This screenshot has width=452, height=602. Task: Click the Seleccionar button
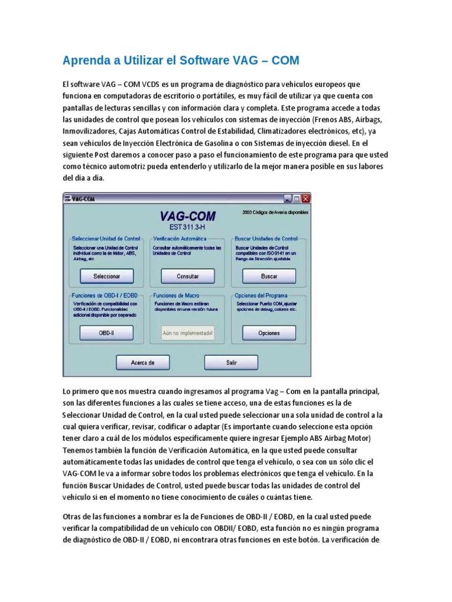[107, 276]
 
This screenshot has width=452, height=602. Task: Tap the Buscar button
[269, 276]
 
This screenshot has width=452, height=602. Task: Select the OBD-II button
[107, 333]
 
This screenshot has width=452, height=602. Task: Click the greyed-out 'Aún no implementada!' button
[188, 333]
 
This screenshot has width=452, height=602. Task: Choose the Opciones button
[269, 333]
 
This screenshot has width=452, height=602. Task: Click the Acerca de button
[142, 363]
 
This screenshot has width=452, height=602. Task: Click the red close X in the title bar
[305, 199]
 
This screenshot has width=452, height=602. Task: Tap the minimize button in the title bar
[288, 199]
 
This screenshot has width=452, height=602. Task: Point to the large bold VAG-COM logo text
[188, 216]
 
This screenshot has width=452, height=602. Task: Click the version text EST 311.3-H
[188, 227]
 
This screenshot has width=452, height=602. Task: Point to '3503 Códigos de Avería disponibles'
[274, 212]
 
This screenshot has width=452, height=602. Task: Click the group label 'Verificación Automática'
[180, 239]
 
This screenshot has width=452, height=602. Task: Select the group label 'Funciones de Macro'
[175, 296]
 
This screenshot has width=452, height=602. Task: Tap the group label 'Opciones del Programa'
[261, 296]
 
